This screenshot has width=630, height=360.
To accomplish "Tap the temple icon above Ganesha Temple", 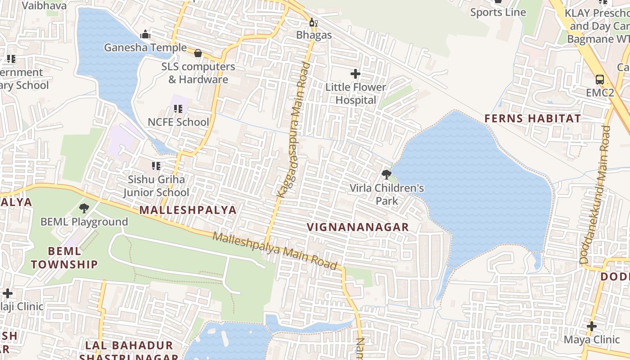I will point(145,34).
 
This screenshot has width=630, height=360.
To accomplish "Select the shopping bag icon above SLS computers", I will point(198,53).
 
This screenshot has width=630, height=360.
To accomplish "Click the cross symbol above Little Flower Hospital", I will point(355,73).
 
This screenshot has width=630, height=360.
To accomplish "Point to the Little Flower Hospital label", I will point(355,94).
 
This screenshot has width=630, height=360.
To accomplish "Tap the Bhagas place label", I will point(314,35).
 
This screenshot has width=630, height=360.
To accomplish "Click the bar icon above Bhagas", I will point(313,22).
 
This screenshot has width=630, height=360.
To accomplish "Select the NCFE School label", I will point(178,122).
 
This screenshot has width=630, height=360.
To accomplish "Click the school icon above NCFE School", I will point(178,109).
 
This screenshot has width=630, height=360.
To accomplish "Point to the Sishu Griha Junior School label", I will point(156,186).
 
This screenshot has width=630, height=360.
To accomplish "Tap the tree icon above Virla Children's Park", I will point(386,175).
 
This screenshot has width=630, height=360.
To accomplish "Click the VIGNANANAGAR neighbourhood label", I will point(358,227).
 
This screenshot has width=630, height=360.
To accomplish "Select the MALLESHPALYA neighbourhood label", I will point(188,210).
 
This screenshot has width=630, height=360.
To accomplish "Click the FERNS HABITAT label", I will point(532,119).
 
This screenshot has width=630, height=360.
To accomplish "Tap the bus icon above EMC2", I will point(599,80).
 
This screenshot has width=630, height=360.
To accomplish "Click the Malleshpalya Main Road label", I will point(275,251).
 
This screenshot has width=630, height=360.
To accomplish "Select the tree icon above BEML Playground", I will point(84,208).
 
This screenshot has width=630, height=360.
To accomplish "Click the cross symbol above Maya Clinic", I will point(592,326).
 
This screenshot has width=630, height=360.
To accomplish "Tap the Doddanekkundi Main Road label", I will point(595,194).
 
